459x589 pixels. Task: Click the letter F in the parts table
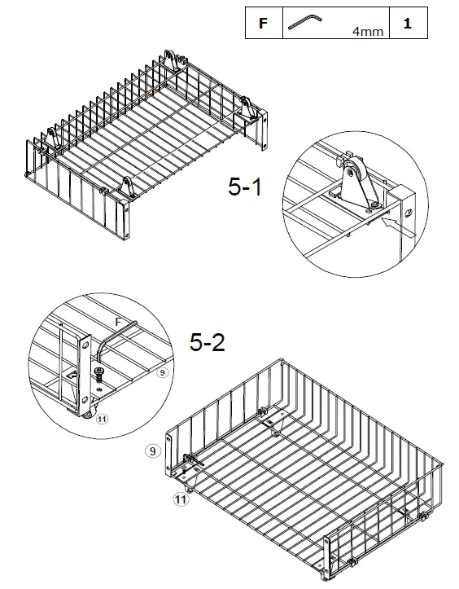tap(262, 24)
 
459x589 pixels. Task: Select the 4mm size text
tap(367, 32)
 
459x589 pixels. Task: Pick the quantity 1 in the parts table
tap(407, 24)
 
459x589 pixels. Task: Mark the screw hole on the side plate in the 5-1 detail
tap(409, 209)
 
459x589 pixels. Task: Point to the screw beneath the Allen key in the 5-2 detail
tap(98, 376)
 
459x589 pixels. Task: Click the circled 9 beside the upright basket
tap(151, 449)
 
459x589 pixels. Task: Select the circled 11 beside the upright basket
tap(178, 501)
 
